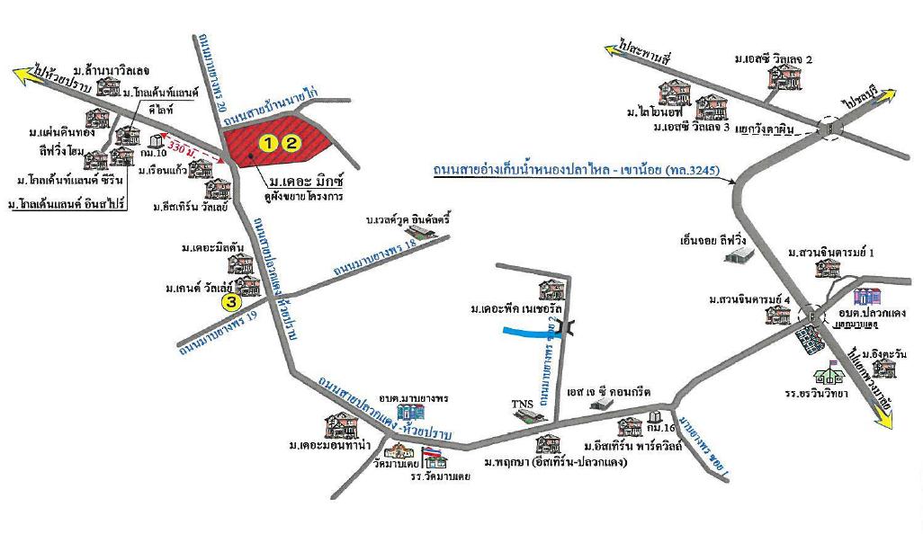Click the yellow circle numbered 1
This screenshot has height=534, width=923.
click(269, 141)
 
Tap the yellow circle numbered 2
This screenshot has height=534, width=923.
click(291, 141)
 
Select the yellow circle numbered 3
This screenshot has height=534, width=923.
click(231, 302)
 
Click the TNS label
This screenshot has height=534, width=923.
click(523, 404)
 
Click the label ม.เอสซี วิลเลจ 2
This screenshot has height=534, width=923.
click(772, 59)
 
